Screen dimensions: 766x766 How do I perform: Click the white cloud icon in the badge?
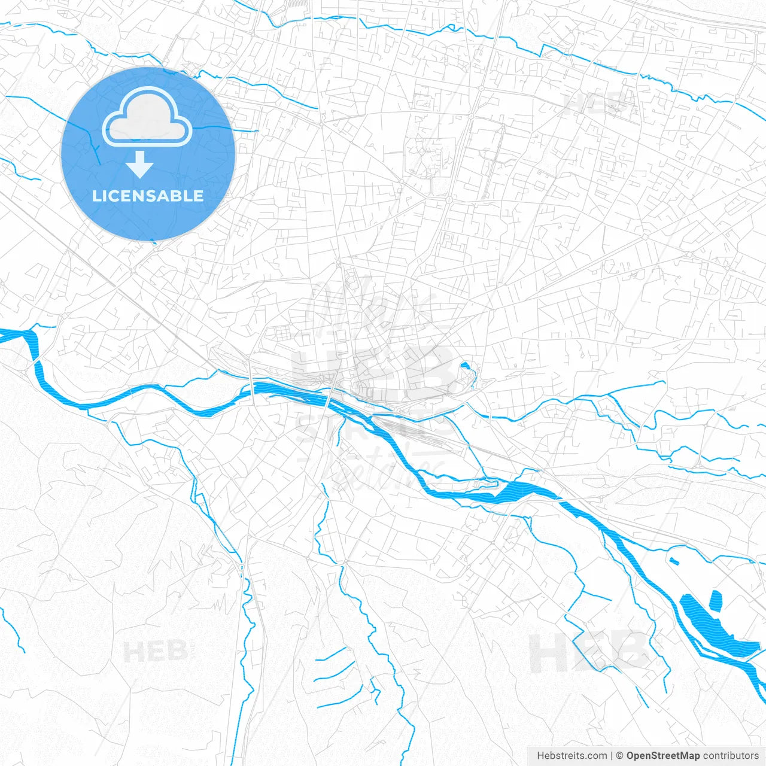147,118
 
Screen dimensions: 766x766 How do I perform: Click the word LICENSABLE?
148,196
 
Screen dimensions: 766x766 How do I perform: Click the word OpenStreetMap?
662,756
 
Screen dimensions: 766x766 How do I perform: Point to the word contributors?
731,756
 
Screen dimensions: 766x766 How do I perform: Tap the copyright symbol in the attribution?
620,756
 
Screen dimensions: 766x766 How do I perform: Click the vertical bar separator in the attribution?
612,756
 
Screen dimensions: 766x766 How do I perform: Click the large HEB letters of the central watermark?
371,371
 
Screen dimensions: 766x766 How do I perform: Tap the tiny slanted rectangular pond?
674,561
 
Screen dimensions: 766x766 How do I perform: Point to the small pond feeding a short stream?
465,365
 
